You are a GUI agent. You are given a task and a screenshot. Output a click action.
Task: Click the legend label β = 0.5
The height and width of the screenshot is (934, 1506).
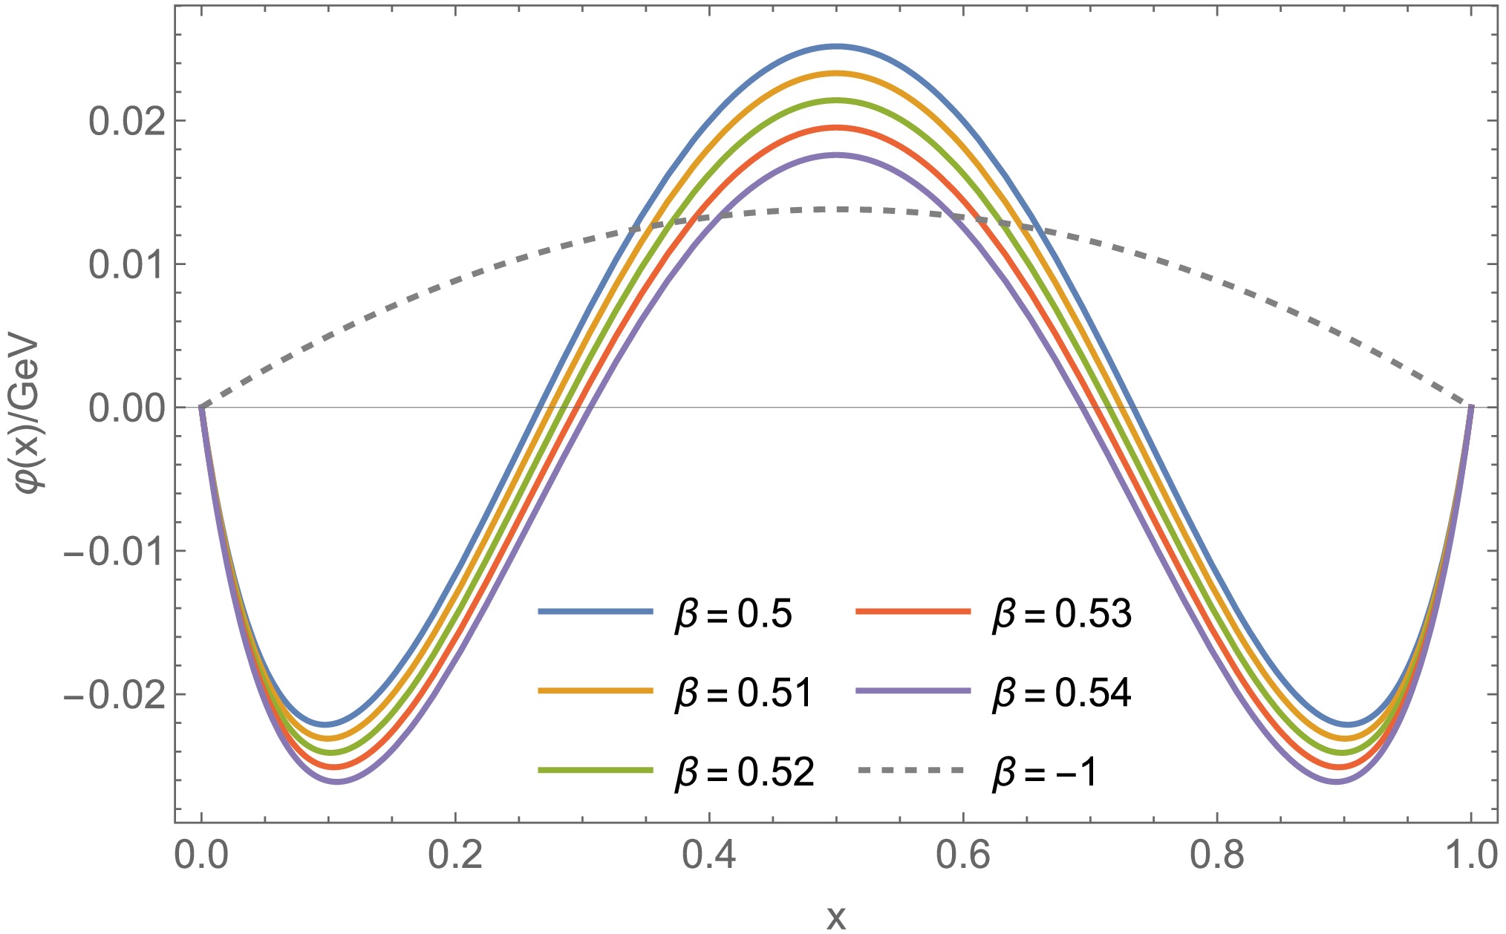coord(733,615)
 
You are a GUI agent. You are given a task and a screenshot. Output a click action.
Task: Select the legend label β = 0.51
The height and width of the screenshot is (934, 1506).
coord(743,694)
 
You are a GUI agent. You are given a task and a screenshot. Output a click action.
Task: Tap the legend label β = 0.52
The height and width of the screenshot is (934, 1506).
coord(744,773)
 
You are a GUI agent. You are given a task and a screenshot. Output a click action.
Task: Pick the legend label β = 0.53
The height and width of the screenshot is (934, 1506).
coord(1062,615)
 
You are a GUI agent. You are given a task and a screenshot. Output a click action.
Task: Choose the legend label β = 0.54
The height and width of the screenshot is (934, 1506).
coord(1062,694)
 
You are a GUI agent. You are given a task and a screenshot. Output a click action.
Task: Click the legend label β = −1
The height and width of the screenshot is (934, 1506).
coord(1045,773)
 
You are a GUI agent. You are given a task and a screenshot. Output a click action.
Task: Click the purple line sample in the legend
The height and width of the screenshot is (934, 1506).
coord(913,691)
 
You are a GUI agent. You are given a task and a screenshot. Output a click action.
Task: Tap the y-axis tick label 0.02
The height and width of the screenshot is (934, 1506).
coord(126,121)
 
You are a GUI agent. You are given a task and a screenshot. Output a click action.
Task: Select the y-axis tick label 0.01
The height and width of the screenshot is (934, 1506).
coord(126,264)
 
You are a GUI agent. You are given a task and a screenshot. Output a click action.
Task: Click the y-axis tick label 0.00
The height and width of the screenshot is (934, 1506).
coord(126,408)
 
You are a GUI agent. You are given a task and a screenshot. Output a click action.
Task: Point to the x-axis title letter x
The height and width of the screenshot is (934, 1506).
coord(836,918)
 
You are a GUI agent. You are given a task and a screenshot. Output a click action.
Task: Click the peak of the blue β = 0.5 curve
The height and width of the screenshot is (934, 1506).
coord(836,46)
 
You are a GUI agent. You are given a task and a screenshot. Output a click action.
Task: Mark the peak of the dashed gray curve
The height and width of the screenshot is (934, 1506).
coord(836,209)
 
